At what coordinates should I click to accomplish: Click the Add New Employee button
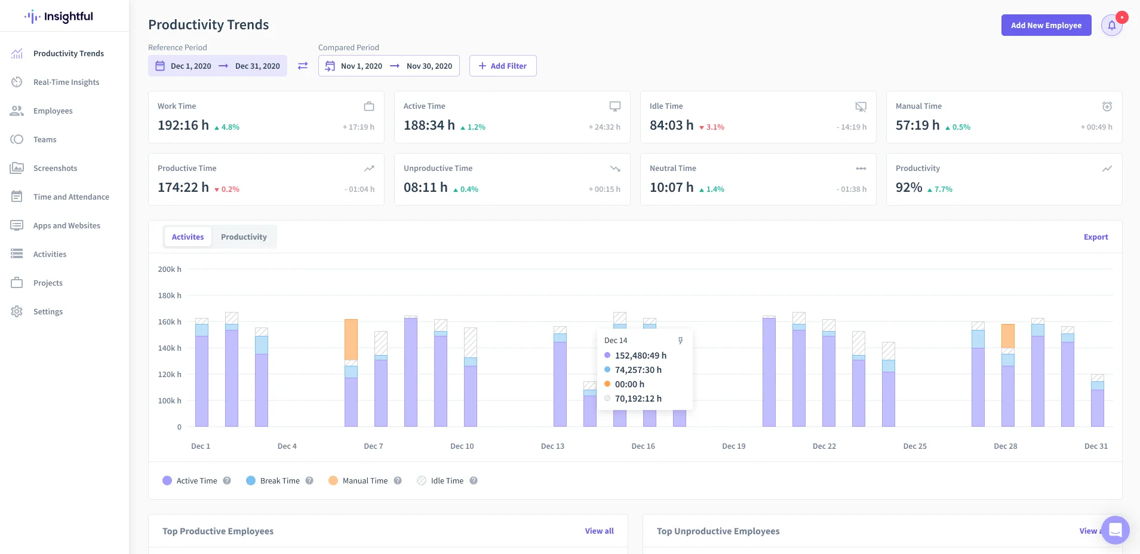coord(1046,25)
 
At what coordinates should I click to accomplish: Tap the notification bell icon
coord(1111,25)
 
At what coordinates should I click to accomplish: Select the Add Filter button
coord(503,66)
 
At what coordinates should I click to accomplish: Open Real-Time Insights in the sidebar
coord(66,82)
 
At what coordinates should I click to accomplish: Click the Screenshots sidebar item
coord(55,168)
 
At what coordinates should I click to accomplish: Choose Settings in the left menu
coord(48,311)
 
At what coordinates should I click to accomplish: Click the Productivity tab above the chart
coord(244,237)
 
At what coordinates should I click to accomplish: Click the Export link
coord(1096,237)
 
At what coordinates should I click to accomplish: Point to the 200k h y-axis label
coord(170,269)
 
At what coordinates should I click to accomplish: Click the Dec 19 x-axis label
coord(734,446)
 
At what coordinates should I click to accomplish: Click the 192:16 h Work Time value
coord(183,125)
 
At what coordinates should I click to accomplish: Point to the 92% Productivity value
coord(909,187)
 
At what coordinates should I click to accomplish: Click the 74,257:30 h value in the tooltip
coord(638,369)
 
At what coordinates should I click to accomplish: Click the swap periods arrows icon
coord(303,66)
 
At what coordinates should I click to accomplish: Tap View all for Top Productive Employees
coord(600,531)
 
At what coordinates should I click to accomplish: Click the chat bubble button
coord(1115,529)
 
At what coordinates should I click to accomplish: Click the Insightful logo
coord(59,16)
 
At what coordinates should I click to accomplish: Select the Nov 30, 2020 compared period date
coord(429,66)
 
